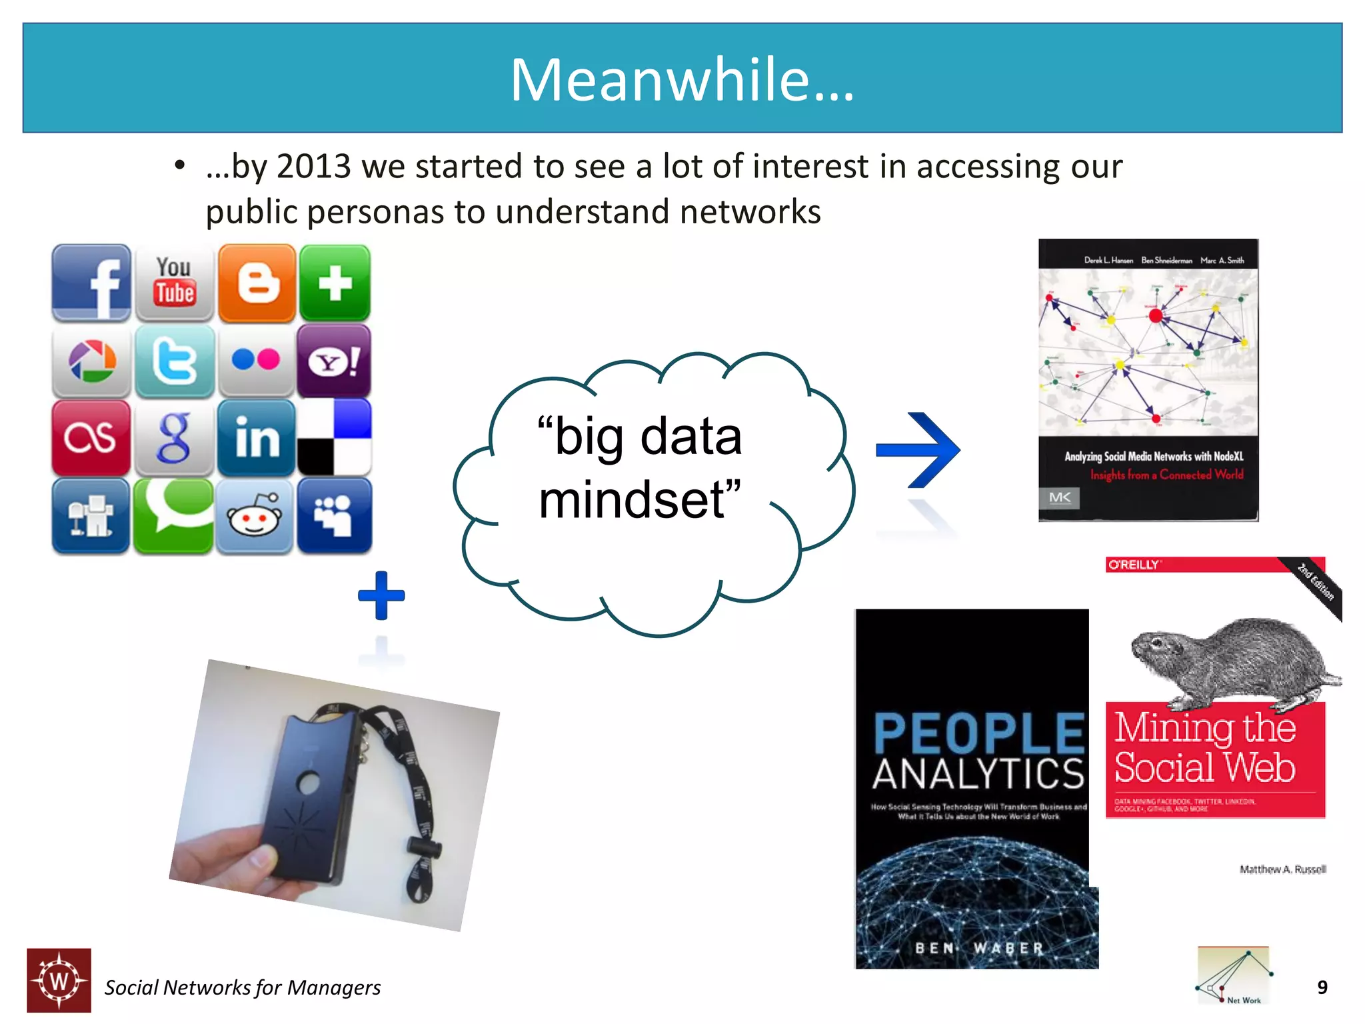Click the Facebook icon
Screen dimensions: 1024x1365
pos(92,283)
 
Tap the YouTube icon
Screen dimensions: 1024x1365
pos(175,283)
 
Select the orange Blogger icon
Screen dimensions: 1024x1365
pos(257,283)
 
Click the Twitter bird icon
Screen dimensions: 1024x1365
pos(175,361)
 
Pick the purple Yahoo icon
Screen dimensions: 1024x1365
pos(334,361)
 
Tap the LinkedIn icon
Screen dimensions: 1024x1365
pos(257,438)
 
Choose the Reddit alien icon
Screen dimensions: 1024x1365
pos(254,515)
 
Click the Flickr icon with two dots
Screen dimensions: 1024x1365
pos(256,360)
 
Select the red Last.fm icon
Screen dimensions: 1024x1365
pos(91,438)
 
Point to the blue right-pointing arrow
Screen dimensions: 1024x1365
pos(920,450)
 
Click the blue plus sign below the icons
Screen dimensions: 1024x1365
pos(381,595)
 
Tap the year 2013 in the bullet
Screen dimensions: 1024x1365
pos(313,167)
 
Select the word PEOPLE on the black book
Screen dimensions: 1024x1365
pos(978,733)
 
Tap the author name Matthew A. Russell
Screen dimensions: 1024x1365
pos(1282,869)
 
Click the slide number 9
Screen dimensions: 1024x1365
pos(1322,987)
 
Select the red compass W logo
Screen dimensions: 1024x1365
pos(59,981)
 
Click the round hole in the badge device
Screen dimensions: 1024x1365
pos(309,783)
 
